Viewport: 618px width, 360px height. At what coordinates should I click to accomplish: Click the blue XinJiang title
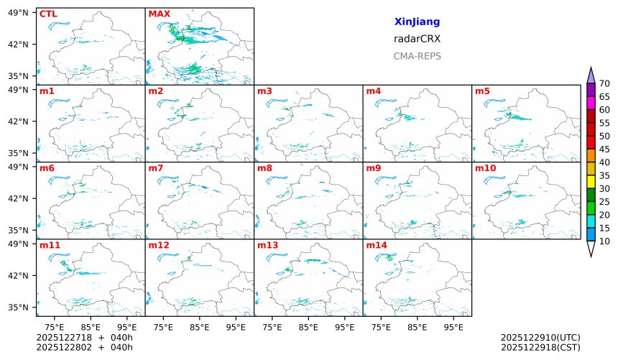pyautogui.click(x=417, y=22)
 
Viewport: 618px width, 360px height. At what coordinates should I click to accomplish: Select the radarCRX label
pyautogui.click(x=417, y=39)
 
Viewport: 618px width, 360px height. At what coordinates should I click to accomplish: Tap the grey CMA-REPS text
pyautogui.click(x=417, y=56)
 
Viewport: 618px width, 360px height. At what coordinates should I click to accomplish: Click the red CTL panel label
pyautogui.click(x=48, y=14)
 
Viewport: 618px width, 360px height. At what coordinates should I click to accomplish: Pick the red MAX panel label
pyautogui.click(x=159, y=14)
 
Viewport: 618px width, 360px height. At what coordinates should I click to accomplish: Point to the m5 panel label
pyautogui.click(x=482, y=91)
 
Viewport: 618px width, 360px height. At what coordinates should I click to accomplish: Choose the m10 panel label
pyautogui.click(x=485, y=168)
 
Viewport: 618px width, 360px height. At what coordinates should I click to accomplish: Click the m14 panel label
pyautogui.click(x=376, y=245)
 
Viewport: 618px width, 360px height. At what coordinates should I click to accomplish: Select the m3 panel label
pyautogui.click(x=264, y=91)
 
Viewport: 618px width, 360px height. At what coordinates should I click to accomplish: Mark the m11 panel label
pyautogui.click(x=50, y=245)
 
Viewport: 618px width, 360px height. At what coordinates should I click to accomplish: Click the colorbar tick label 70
pyautogui.click(x=604, y=83)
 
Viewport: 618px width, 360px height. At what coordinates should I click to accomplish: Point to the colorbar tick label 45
pyautogui.click(x=604, y=149)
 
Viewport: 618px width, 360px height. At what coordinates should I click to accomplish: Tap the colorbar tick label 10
pyautogui.click(x=604, y=241)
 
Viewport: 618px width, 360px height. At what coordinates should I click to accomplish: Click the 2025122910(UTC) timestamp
pyautogui.click(x=540, y=337)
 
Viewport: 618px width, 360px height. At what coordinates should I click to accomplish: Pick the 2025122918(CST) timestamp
pyautogui.click(x=540, y=347)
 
